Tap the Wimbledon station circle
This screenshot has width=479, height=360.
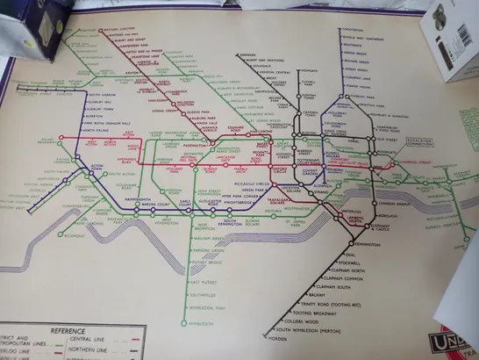(185, 324)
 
